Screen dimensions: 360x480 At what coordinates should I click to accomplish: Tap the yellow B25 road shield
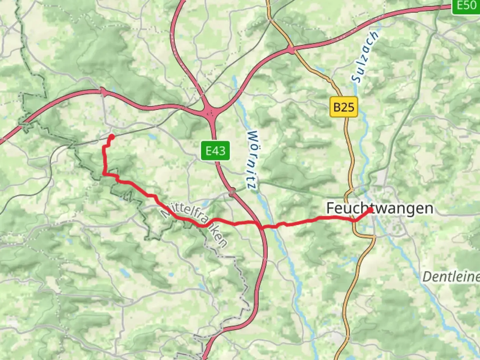pyautogui.click(x=344, y=107)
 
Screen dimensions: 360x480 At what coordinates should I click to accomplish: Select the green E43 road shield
pyautogui.click(x=215, y=151)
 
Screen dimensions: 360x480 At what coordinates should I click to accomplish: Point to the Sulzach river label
pyautogui.click(x=366, y=57)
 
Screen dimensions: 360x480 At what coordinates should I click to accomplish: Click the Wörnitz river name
pyautogui.click(x=252, y=160)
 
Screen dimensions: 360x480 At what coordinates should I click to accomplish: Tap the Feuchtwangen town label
pyautogui.click(x=379, y=208)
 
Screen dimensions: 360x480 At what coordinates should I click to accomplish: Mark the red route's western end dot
pyautogui.click(x=112, y=137)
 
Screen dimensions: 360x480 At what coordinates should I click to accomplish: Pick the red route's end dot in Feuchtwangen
pyautogui.click(x=370, y=210)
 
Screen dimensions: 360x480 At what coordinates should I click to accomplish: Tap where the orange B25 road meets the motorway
pyautogui.click(x=292, y=50)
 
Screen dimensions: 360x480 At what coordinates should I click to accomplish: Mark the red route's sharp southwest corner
pyautogui.click(x=104, y=173)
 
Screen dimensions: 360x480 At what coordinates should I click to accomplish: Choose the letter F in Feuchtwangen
pyautogui.click(x=330, y=208)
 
